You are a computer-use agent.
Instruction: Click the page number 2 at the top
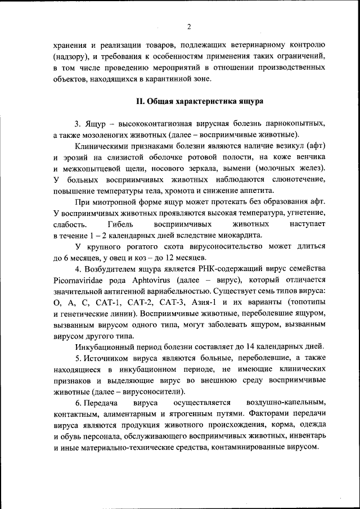[x=189, y=26]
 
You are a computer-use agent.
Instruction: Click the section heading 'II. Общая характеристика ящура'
[x=189, y=102]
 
